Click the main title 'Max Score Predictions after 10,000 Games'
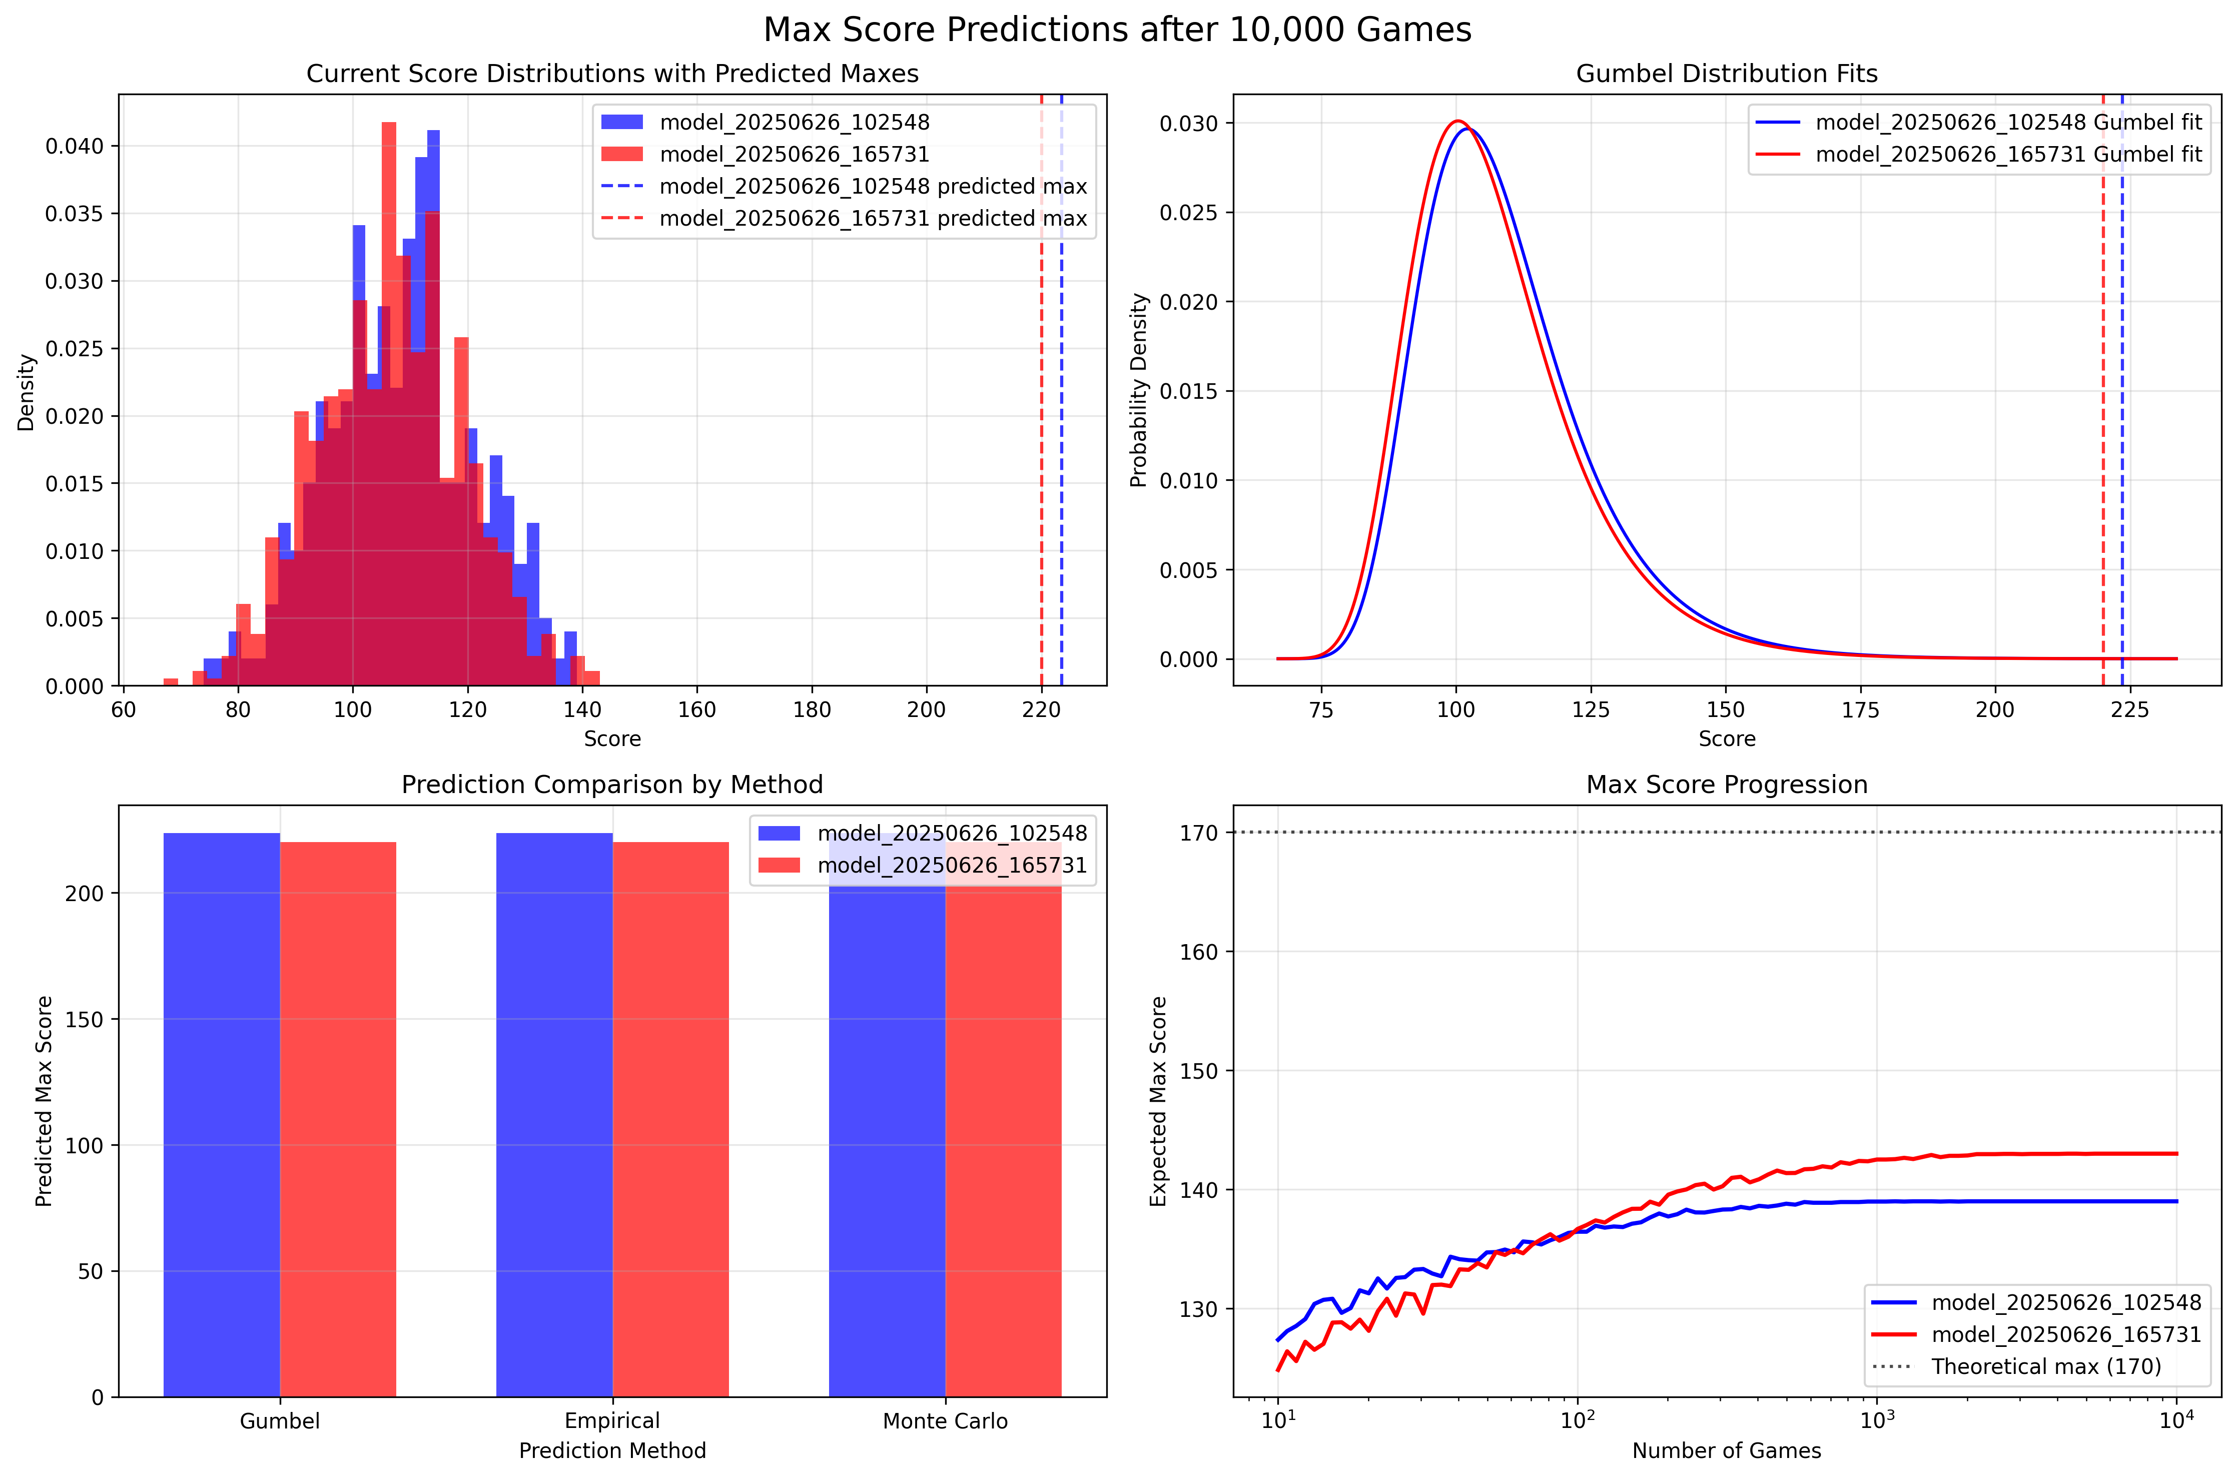coord(1117,30)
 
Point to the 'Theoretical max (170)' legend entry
coord(2046,1366)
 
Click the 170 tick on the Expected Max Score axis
coord(1198,833)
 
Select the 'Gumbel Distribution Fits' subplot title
coord(1727,74)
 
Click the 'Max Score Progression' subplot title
coord(1727,785)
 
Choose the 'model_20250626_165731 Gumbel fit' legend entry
coord(2008,155)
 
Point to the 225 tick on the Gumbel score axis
coord(2129,709)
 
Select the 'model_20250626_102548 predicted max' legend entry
coord(872,187)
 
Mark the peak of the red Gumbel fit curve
coord(1457,122)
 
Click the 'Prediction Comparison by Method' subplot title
coord(612,785)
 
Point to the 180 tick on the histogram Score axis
coord(812,709)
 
